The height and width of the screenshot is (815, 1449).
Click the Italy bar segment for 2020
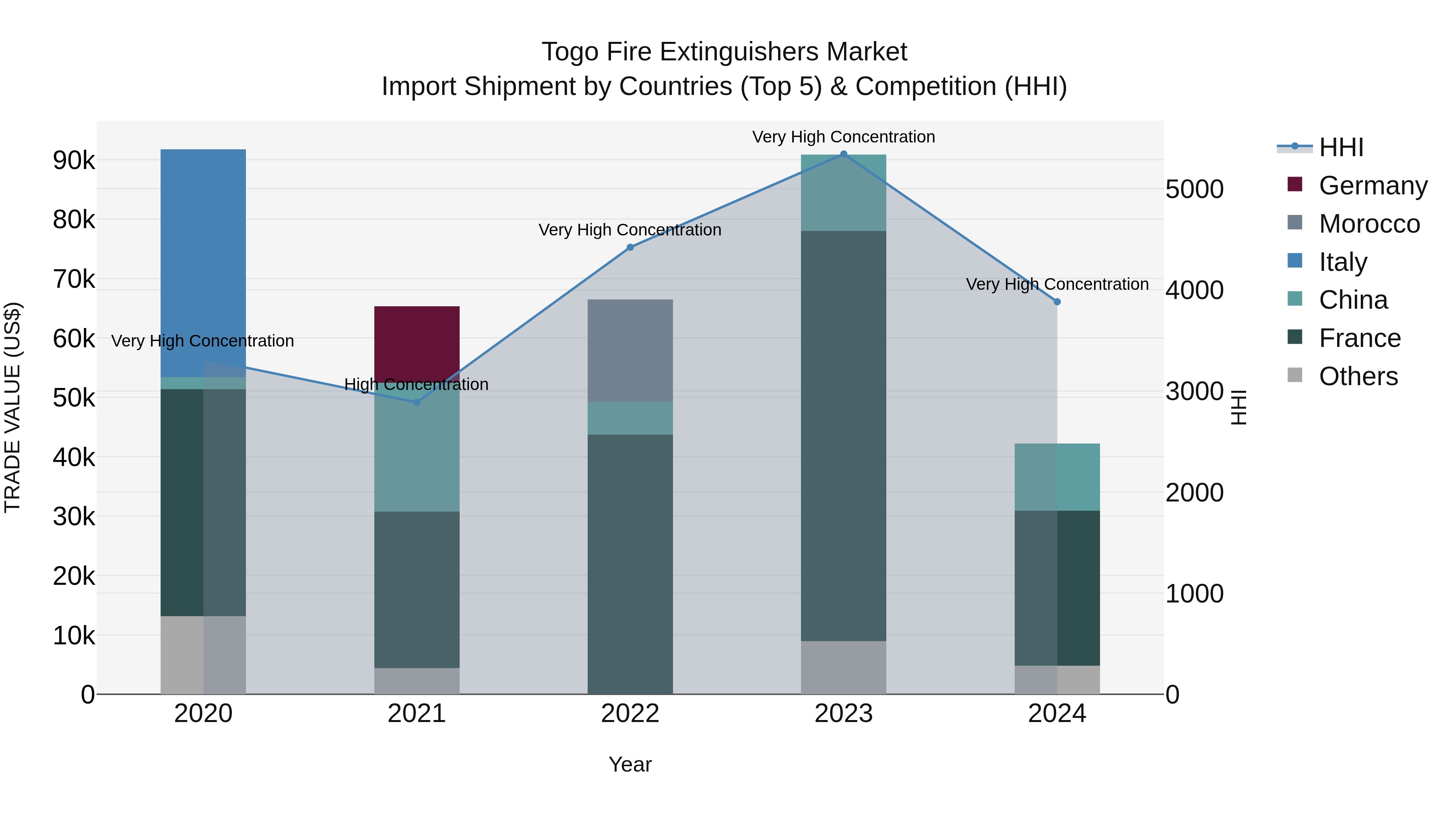tap(203, 263)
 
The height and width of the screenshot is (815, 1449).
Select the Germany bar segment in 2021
tap(417, 344)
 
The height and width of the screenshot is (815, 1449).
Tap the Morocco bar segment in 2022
tap(630, 351)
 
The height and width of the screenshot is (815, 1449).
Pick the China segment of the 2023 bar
tap(843, 193)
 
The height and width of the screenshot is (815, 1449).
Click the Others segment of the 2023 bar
tap(843, 667)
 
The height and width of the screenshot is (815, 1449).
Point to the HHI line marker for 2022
tap(630, 248)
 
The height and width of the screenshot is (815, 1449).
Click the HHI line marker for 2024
tap(1057, 302)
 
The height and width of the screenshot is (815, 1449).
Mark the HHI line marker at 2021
tap(417, 402)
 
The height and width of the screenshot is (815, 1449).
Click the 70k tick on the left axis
tap(74, 279)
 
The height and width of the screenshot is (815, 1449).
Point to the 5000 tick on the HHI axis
tap(1194, 189)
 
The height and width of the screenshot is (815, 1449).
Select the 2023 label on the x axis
tap(843, 714)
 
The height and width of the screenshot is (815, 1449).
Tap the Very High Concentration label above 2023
tap(843, 137)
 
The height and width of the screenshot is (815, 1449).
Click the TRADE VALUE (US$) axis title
tap(13, 407)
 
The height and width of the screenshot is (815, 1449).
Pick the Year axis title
tap(630, 764)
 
